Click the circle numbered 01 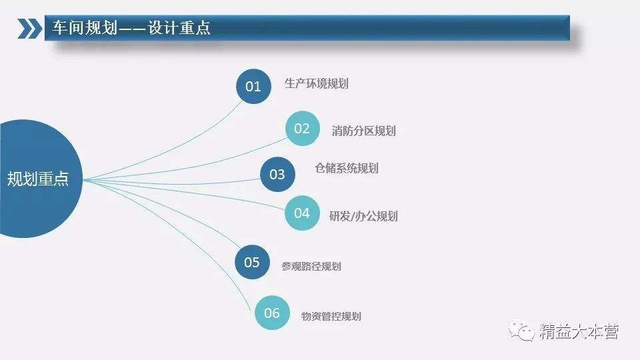(253, 86)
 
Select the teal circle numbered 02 (303, 128)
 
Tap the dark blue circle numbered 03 (277, 174)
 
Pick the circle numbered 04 (302, 213)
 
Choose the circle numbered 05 (252, 262)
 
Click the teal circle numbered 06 (272, 313)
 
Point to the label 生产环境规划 (316, 84)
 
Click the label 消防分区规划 (364, 131)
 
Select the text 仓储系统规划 (347, 168)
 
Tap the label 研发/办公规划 (363, 216)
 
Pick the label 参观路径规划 (311, 267)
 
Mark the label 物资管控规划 (331, 316)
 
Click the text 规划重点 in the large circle (38, 179)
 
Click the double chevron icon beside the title (30, 29)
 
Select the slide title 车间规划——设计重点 (131, 28)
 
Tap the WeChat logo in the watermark (521, 330)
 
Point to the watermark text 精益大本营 (579, 331)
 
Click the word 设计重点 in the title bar (179, 28)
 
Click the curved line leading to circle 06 (184, 228)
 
